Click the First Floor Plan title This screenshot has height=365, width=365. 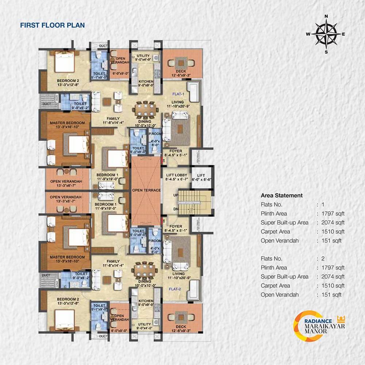52,25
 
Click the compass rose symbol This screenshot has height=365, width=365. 326,34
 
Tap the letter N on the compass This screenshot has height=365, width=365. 326,16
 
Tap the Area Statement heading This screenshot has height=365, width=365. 281,195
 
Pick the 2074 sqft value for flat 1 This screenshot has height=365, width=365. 333,223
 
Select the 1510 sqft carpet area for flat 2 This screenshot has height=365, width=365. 333,285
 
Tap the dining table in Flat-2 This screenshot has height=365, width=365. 146,271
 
